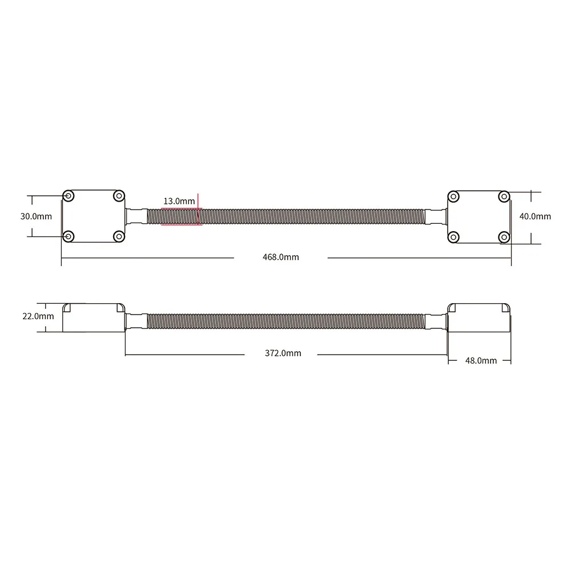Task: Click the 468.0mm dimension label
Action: pos(280,258)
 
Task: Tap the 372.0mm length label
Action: pos(283,353)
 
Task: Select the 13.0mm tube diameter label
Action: pos(179,201)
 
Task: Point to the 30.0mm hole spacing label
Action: pos(36,216)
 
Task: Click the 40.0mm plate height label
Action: pos(535,216)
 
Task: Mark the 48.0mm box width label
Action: pos(480,360)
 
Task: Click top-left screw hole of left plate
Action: pos(69,196)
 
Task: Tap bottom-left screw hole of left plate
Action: pos(69,236)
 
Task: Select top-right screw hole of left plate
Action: pos(118,196)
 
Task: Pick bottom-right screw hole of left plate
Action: pos(118,236)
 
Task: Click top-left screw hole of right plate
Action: pos(453,196)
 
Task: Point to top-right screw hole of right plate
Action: pos(503,196)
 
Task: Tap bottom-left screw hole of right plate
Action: pos(453,236)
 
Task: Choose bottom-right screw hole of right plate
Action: pos(503,236)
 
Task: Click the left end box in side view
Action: pos(93,317)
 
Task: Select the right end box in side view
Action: pos(478,317)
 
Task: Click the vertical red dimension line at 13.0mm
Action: pos(198,209)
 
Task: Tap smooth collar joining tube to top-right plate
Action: pos(437,216)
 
